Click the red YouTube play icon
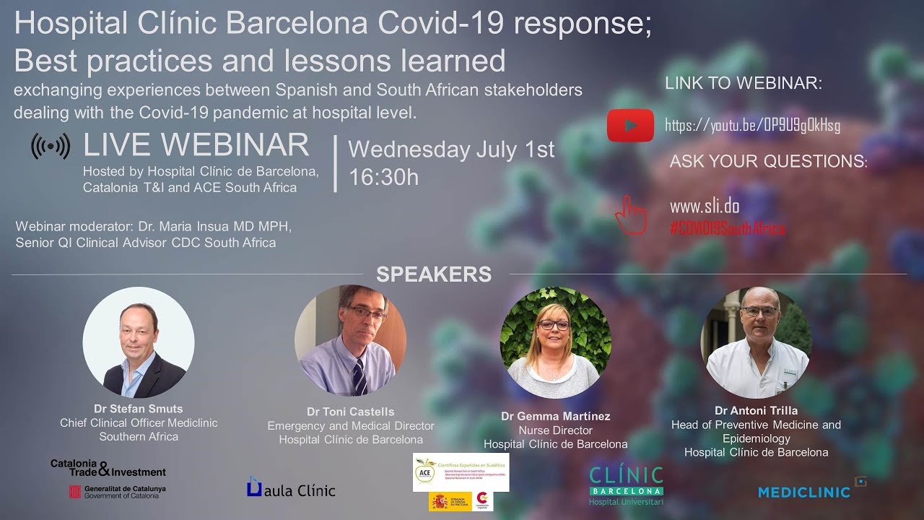(x=630, y=125)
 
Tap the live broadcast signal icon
(x=51, y=147)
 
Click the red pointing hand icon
(x=630, y=214)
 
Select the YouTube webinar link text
(x=752, y=125)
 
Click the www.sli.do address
(x=704, y=207)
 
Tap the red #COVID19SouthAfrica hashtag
(x=727, y=228)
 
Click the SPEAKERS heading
(x=434, y=274)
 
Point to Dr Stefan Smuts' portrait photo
(x=139, y=342)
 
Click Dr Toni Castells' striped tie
(x=359, y=376)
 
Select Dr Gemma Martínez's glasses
(x=554, y=326)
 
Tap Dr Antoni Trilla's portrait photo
(x=756, y=342)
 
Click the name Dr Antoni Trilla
(x=756, y=411)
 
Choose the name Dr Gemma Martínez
(x=555, y=416)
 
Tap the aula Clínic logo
(x=290, y=489)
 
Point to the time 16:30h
(x=383, y=177)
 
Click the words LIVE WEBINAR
(x=196, y=145)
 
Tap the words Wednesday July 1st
(x=451, y=149)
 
